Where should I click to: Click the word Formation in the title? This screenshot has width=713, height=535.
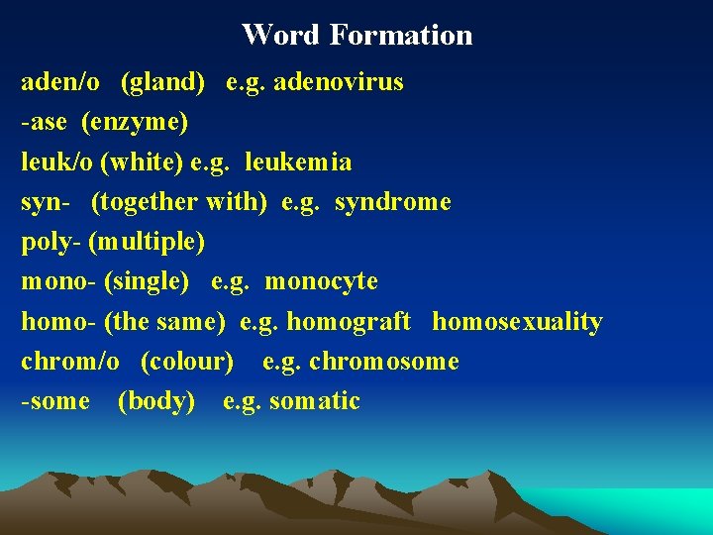click(x=401, y=35)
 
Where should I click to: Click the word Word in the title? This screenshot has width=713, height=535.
click(x=280, y=35)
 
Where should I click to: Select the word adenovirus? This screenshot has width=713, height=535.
click(x=339, y=81)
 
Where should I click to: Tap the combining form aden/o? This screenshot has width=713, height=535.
click(x=60, y=81)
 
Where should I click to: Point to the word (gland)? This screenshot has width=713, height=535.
click(x=163, y=81)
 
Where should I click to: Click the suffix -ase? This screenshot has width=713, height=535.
click(x=43, y=122)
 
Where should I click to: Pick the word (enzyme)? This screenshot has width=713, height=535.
click(x=135, y=122)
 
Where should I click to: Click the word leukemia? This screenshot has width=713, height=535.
click(x=298, y=161)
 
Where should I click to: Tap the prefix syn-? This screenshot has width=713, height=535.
click(x=46, y=202)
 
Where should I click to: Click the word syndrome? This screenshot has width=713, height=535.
click(x=393, y=202)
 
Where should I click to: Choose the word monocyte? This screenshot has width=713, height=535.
click(x=321, y=281)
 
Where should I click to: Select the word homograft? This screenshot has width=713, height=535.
click(x=348, y=322)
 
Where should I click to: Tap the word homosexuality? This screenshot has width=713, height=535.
click(x=517, y=322)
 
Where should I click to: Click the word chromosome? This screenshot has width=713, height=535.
click(x=384, y=362)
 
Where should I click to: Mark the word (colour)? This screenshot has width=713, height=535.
click(x=187, y=362)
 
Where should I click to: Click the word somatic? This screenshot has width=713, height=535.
click(x=314, y=401)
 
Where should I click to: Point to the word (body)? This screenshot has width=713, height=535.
click(x=156, y=401)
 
